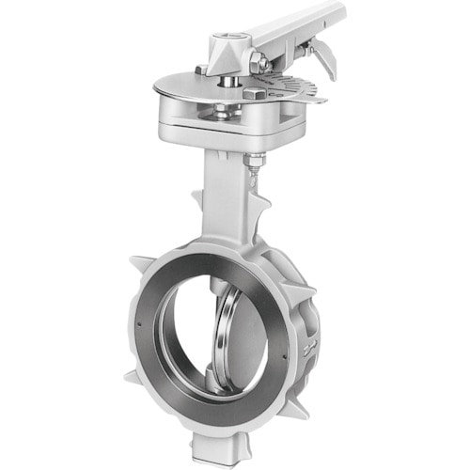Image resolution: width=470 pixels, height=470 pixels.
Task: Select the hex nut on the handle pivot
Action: (258, 63)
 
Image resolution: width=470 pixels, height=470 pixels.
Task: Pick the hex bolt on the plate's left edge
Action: (200, 70)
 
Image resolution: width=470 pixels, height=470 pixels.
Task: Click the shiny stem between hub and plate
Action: (228, 84)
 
